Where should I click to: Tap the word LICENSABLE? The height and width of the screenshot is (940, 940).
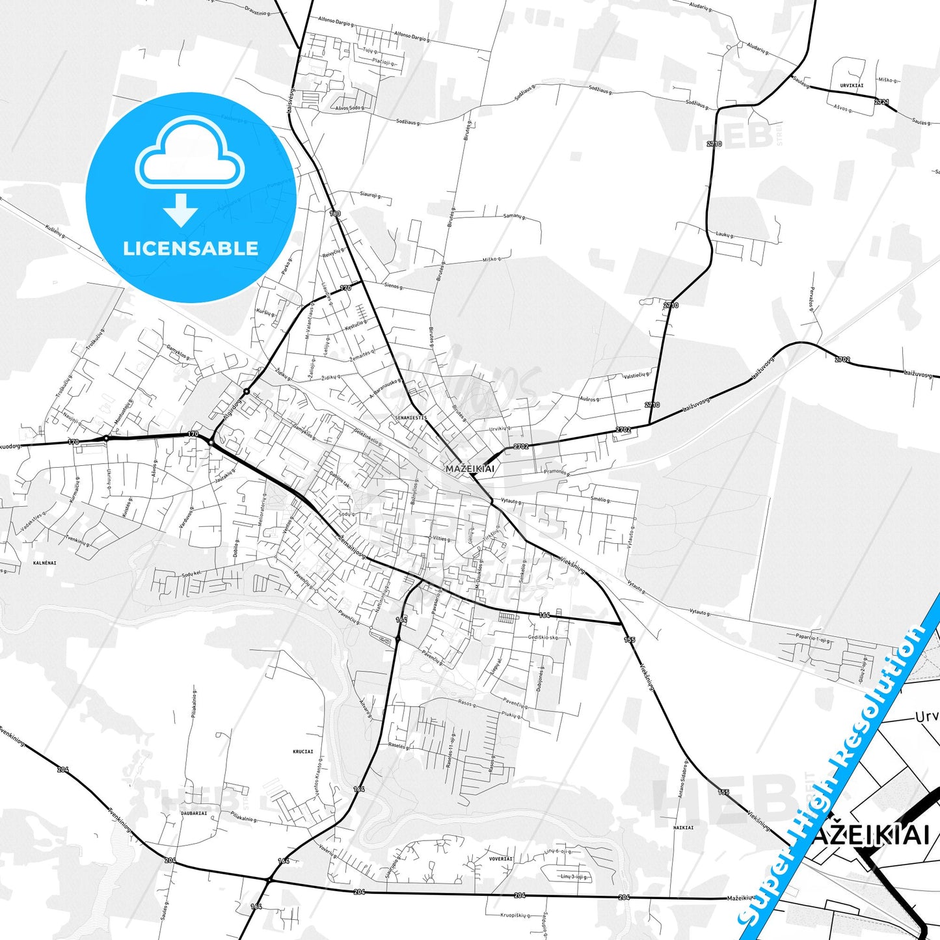[x=191, y=248]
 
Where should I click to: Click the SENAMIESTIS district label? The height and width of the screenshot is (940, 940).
[x=410, y=417]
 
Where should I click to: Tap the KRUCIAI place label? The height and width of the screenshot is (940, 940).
[x=303, y=751]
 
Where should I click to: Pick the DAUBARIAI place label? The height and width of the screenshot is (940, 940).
[x=194, y=812]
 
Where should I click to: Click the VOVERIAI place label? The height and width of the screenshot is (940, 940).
[x=501, y=859]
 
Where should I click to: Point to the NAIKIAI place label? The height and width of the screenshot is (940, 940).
[x=683, y=827]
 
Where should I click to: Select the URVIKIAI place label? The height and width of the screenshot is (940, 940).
[x=852, y=85]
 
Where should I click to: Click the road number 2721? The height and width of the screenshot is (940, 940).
[x=881, y=102]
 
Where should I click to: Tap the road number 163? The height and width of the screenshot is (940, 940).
[x=335, y=213]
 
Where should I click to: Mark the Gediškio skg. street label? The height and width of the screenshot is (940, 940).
[x=543, y=638]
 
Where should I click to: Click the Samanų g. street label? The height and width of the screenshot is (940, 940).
[x=515, y=217]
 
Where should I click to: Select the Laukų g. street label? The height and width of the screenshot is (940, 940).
[x=724, y=234]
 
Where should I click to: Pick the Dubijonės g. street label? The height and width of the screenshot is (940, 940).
[x=541, y=678]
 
